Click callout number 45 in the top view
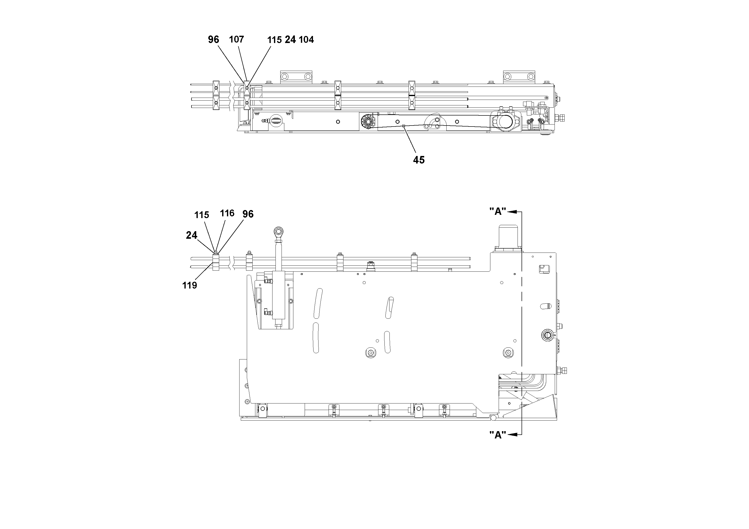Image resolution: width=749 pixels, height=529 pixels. (x=419, y=160)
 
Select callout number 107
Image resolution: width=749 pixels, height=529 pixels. (x=236, y=39)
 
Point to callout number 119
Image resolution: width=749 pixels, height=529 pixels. (x=189, y=285)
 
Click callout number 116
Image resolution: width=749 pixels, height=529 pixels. (x=227, y=213)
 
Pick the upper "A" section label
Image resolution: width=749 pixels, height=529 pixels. (x=497, y=211)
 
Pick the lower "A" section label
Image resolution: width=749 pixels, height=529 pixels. (x=497, y=435)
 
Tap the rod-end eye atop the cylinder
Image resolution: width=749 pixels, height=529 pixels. (x=279, y=232)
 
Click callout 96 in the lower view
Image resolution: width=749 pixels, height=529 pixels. (x=248, y=214)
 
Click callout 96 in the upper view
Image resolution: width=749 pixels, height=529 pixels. (x=213, y=39)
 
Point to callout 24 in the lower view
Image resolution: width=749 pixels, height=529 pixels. (x=191, y=235)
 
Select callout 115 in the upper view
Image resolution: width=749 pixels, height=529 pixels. (x=274, y=40)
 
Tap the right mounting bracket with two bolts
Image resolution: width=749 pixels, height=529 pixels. (x=519, y=77)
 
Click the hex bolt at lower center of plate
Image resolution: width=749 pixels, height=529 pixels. (x=370, y=352)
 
